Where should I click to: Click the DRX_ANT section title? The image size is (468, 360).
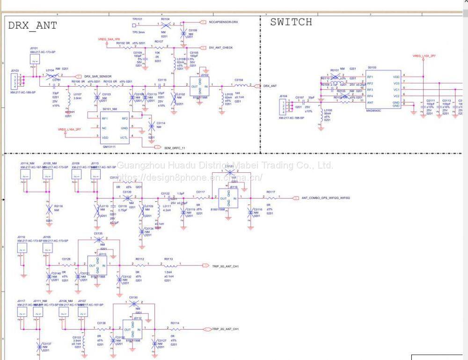click(x=32, y=26)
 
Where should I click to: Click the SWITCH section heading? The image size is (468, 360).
click(x=291, y=22)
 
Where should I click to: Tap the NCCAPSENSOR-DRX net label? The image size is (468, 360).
click(x=223, y=22)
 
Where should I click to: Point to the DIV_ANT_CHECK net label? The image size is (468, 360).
click(x=221, y=48)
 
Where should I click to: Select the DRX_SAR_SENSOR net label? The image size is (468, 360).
click(x=98, y=76)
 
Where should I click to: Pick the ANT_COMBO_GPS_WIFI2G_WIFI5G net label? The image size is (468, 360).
click(x=326, y=198)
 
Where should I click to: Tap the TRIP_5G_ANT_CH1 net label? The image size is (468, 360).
click(x=226, y=266)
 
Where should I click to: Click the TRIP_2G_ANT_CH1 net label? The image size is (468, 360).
click(x=226, y=329)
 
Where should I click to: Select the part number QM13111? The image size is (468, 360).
click(x=109, y=146)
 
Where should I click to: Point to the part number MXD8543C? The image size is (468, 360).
click(x=374, y=110)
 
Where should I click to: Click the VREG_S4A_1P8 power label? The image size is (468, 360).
click(x=109, y=39)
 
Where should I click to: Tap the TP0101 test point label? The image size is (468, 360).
click(x=137, y=19)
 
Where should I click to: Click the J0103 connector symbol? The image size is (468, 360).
click(x=15, y=81)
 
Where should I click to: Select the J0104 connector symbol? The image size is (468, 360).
click(x=283, y=107)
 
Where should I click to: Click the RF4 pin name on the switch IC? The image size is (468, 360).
click(x=370, y=96)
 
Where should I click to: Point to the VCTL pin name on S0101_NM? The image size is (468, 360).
click(x=124, y=138)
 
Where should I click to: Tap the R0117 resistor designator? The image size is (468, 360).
click(x=271, y=192)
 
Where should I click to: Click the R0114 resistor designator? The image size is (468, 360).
click(x=175, y=323)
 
